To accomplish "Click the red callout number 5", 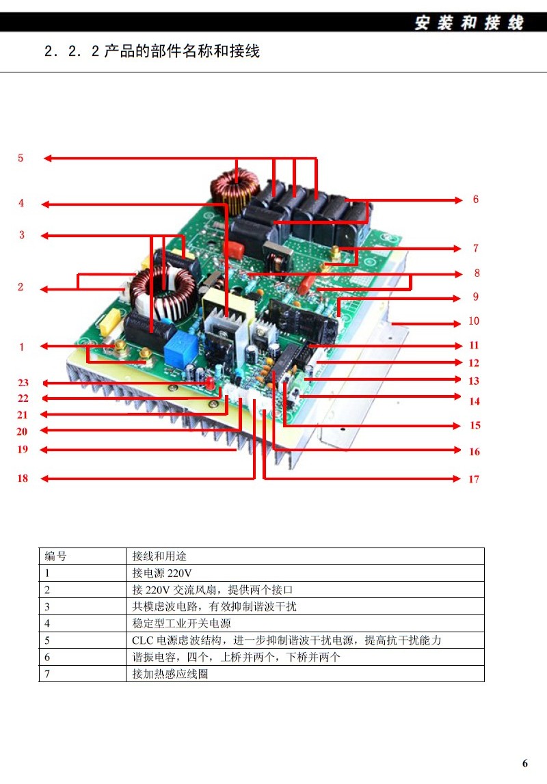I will [x=21, y=158].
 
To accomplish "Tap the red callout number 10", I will [x=474, y=321].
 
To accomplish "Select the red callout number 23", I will [x=23, y=383].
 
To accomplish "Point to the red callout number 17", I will [x=474, y=479].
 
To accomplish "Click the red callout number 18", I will [x=23, y=478].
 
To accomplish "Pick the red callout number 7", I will [x=476, y=248].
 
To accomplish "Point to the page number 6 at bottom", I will [x=525, y=763].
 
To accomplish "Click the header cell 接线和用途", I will [x=159, y=556].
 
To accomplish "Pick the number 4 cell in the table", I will [x=48, y=623].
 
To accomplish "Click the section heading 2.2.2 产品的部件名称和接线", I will [x=152, y=51].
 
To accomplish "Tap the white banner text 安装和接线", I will [x=469, y=23].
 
